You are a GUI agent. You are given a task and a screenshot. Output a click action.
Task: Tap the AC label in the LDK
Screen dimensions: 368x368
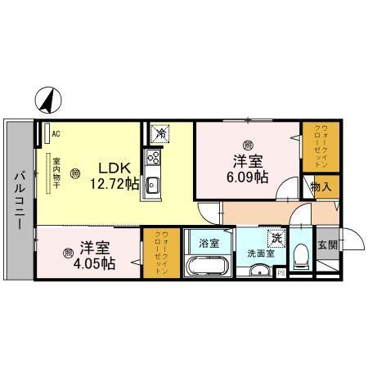[56, 132]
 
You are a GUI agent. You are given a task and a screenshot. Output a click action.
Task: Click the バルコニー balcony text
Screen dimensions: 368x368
[19, 193]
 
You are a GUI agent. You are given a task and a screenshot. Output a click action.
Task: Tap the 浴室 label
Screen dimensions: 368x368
[209, 243]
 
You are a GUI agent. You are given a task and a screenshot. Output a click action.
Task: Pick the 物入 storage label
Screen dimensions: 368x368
[321, 187]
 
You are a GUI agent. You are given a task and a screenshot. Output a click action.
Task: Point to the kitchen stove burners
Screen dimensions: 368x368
[152, 158]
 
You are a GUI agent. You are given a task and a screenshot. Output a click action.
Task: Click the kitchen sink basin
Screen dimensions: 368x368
[152, 186]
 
